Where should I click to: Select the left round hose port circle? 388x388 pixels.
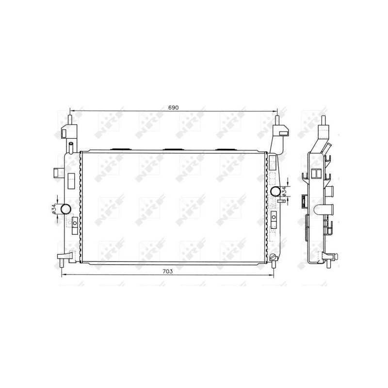point(65,209)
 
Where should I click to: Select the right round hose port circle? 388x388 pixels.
point(277,191)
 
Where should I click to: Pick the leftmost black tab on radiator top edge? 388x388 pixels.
point(119,149)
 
